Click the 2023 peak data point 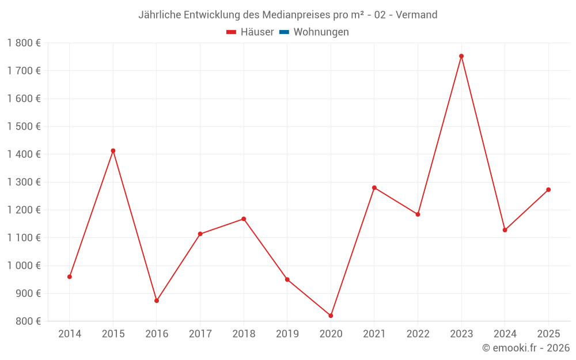click(461, 56)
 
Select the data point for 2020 click(331, 316)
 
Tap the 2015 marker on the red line click(113, 151)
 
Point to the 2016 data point click(157, 301)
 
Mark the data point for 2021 click(374, 188)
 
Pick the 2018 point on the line click(244, 219)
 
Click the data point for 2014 click(70, 276)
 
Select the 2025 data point click(548, 190)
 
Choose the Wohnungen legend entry click(321, 32)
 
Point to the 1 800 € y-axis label click(24, 43)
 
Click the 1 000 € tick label click(24, 266)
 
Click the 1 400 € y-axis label click(24, 154)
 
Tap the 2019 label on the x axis click(287, 334)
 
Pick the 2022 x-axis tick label click(418, 334)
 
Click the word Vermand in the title click(417, 14)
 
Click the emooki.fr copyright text click(526, 348)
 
